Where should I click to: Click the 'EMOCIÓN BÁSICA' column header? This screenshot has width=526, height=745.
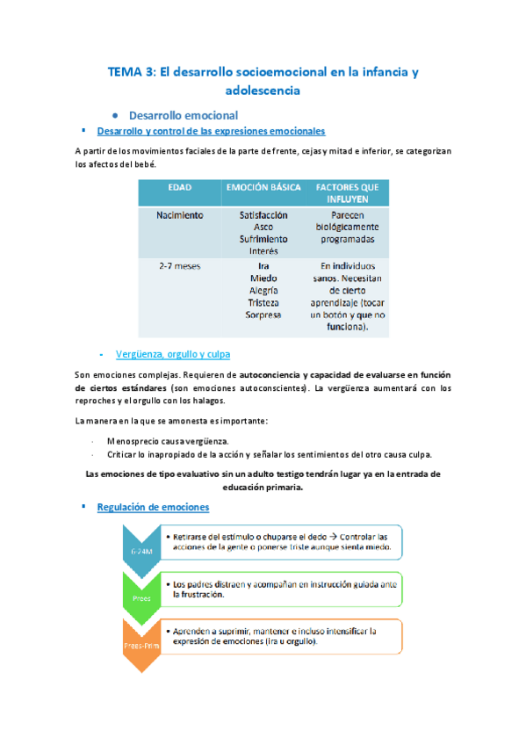[x=263, y=187]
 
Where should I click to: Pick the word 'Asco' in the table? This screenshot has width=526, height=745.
[x=263, y=227]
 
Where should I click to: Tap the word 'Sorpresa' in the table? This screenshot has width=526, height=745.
[x=263, y=315]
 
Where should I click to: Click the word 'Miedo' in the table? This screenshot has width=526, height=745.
[x=263, y=278]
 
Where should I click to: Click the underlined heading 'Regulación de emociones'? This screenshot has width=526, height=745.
[x=153, y=507]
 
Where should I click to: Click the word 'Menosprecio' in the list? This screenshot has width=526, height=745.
[x=133, y=440]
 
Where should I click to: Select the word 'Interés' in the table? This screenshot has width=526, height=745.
[x=263, y=251]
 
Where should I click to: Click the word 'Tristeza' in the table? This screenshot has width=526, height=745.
[x=263, y=302]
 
